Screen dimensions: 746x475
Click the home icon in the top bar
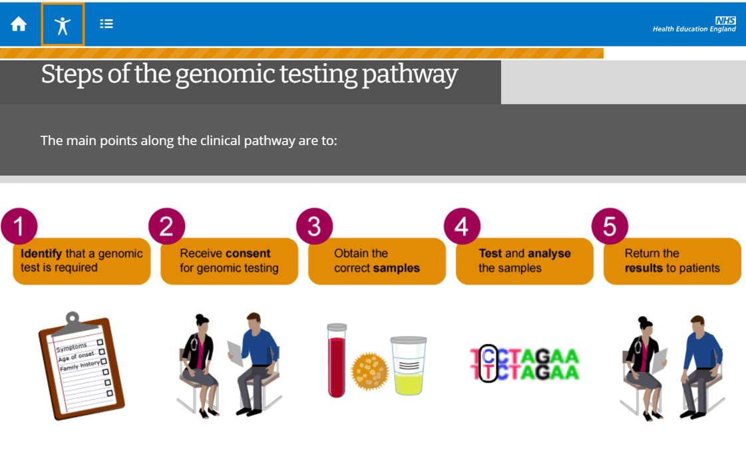(19, 24)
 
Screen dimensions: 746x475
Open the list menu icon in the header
(106, 24)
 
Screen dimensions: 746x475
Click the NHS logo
(725, 21)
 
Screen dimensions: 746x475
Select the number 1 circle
(19, 226)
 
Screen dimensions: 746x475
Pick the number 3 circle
(315, 226)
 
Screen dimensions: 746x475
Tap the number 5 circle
(610, 226)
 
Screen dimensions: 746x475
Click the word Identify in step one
(41, 254)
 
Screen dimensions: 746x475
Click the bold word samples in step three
(397, 268)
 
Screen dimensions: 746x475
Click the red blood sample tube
(337, 361)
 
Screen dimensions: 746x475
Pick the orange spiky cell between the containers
(369, 371)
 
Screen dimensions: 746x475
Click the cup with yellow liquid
(409, 365)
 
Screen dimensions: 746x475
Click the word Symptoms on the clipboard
(72, 347)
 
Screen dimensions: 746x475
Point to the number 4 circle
(462, 226)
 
